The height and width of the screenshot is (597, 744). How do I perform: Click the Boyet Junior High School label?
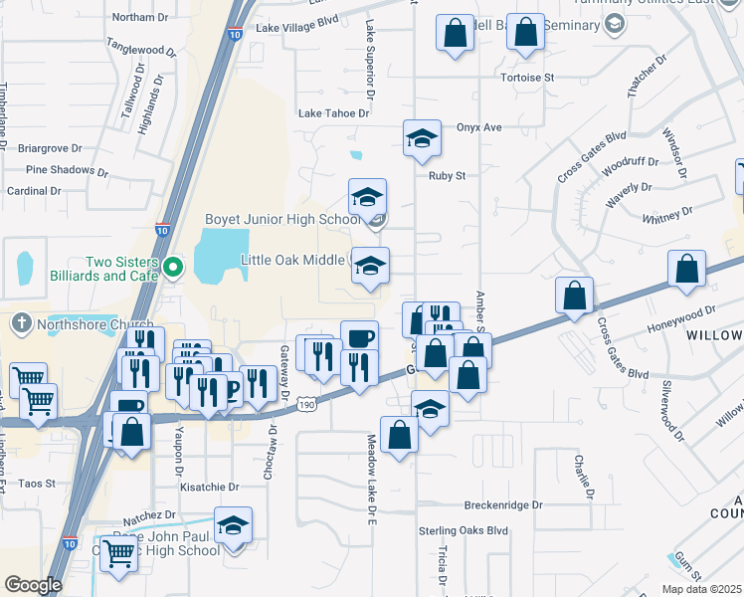point(281,219)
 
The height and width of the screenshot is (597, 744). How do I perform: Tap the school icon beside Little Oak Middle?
point(369,266)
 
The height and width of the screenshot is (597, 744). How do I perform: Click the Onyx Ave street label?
point(479,127)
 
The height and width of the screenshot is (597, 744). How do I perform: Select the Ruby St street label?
point(447,176)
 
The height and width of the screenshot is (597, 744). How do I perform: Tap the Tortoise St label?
point(527,77)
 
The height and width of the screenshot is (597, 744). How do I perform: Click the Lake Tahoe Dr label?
point(333,113)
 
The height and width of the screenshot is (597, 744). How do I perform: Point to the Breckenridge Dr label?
point(503,505)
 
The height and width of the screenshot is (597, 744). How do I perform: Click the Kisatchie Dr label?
point(210,488)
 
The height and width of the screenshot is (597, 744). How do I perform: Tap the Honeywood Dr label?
point(681,313)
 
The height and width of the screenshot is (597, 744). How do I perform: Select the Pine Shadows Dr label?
point(67,170)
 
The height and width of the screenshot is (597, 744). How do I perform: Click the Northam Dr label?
point(140,18)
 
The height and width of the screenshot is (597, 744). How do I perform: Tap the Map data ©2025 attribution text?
point(702,589)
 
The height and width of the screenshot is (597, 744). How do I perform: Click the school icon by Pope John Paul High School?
point(233,525)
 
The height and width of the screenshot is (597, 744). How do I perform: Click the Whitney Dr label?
point(667,214)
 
